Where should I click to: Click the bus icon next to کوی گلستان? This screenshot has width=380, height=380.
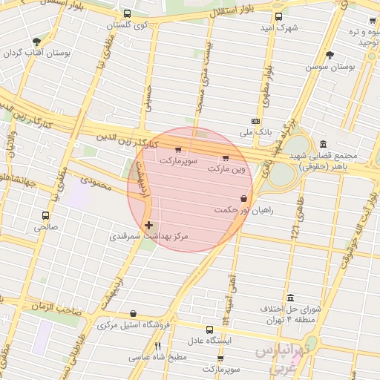[x=127, y=14]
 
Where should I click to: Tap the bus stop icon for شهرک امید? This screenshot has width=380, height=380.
[x=278, y=16]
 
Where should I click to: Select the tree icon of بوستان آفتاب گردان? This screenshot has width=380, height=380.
[x=36, y=41]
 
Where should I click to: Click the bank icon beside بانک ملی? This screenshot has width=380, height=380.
[x=255, y=121]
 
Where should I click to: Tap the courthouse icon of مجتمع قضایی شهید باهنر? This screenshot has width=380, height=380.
[x=322, y=144]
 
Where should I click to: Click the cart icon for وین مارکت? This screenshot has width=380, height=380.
[x=226, y=157]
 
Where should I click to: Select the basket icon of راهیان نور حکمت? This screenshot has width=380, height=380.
[x=243, y=198]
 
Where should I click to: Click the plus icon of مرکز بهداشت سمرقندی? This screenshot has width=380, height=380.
[x=149, y=224]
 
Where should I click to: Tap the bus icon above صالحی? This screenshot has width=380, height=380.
[x=45, y=215]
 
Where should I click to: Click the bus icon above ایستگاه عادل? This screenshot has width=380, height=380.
[x=209, y=329]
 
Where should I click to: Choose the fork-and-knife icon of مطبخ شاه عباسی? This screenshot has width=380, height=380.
[x=157, y=346]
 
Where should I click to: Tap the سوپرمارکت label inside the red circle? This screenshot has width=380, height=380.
[x=177, y=160]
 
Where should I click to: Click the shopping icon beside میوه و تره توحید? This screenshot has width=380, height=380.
[x=373, y=22]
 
